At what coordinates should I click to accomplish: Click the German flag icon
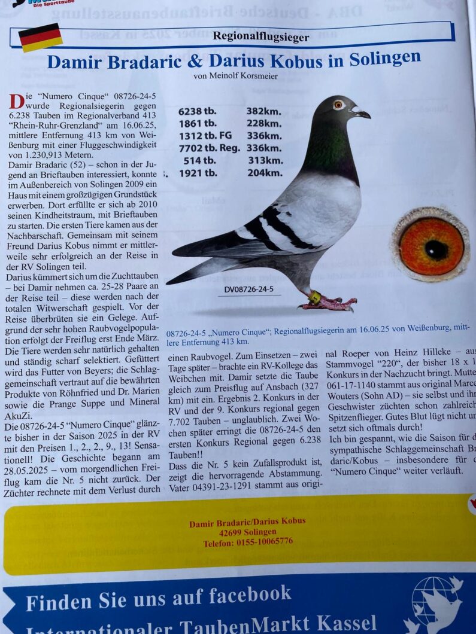[41, 37]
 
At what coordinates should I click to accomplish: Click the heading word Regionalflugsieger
[261, 37]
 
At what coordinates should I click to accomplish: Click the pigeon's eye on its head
[338, 105]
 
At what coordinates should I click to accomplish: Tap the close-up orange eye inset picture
[431, 246]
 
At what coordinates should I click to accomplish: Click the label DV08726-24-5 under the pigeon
[249, 289]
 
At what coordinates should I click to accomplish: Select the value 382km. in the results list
[263, 111]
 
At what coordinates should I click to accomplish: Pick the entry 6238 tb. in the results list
[198, 111]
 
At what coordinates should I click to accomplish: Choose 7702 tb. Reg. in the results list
[210, 148]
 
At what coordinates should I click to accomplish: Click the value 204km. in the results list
[265, 173]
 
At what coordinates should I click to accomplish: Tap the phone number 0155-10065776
[248, 541]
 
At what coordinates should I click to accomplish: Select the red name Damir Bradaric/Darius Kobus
[247, 522]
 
